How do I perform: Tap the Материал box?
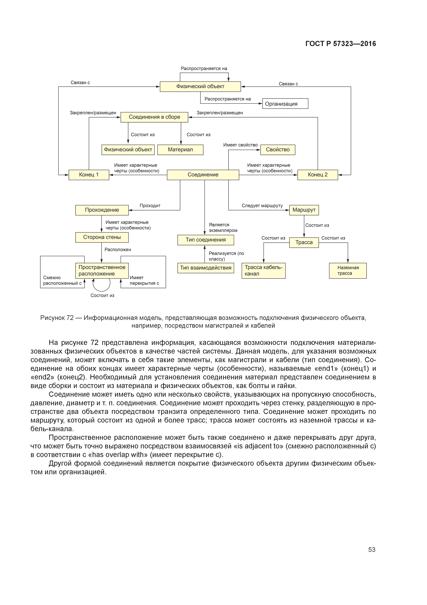(180, 150)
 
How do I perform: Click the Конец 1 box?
(89, 175)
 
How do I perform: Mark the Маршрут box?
(304, 210)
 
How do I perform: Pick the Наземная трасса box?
(348, 271)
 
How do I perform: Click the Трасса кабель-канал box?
(263, 271)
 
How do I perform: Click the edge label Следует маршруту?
(262, 206)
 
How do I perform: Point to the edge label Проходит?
(150, 206)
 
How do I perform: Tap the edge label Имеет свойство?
(241, 145)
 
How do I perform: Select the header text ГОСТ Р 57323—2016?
(341, 44)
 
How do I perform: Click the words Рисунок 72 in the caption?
(57, 318)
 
